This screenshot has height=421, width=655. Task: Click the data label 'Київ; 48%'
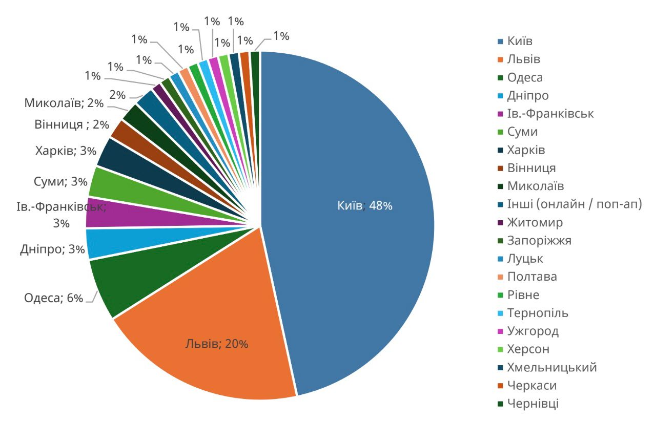point(364,206)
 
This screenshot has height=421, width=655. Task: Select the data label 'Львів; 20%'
point(217,344)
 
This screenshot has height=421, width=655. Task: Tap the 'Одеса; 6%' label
point(53,298)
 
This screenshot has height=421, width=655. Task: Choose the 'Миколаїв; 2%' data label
point(64,103)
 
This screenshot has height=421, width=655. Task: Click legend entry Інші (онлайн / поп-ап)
point(575,204)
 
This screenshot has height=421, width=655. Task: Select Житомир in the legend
point(535,223)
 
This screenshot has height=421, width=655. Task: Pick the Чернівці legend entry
point(533,404)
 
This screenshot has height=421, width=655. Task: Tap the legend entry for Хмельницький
point(551,367)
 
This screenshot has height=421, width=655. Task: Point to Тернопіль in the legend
point(537,313)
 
